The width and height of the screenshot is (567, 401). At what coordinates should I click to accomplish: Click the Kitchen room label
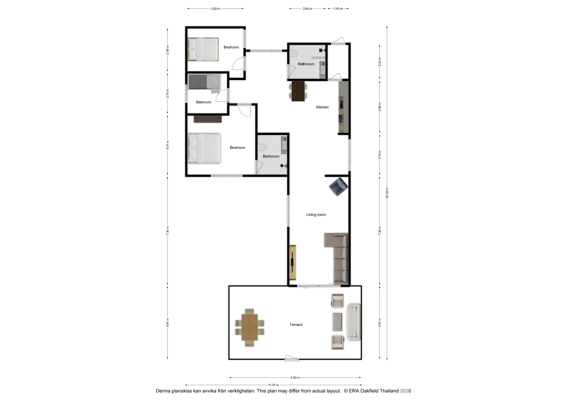pyautogui.click(x=322, y=107)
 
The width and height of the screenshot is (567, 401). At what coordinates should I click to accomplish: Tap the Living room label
pyautogui.click(x=316, y=215)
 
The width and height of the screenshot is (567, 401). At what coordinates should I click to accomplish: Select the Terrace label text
pyautogui.click(x=296, y=325)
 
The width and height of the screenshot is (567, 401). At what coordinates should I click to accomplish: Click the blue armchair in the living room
pyautogui.click(x=339, y=187)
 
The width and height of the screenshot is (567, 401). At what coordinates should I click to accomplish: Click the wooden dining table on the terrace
pyautogui.click(x=250, y=327)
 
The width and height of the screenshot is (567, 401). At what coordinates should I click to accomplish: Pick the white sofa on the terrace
pyautogui.click(x=353, y=322)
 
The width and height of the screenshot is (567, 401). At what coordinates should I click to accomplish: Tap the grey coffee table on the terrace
pyautogui.click(x=337, y=322)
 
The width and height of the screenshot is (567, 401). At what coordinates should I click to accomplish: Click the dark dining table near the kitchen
pyautogui.click(x=298, y=91)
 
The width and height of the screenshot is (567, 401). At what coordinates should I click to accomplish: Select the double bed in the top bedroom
pyautogui.click(x=203, y=49)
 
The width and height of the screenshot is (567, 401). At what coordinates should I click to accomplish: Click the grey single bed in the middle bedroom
pyautogui.click(x=204, y=82)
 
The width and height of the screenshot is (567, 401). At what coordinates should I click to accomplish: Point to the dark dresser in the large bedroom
pyautogui.click(x=208, y=119)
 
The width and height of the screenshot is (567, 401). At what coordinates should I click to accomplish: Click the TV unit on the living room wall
pyautogui.click(x=293, y=263)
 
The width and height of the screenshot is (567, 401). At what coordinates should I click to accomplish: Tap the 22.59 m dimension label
pyautogui.click(x=387, y=193)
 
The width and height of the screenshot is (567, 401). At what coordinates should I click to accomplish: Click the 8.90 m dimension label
pyautogui.click(x=295, y=378)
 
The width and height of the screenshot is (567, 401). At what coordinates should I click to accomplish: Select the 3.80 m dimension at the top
pyautogui.click(x=215, y=9)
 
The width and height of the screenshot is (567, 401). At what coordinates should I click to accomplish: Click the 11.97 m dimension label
pyautogui.click(x=273, y=385)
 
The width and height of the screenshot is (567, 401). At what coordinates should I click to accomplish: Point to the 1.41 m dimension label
pyautogui.click(x=338, y=9)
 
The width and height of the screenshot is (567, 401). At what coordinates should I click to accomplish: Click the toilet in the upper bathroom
pyautogui.click(x=294, y=53)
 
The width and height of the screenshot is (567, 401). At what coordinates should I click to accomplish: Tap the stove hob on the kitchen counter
pyautogui.click(x=341, y=119)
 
